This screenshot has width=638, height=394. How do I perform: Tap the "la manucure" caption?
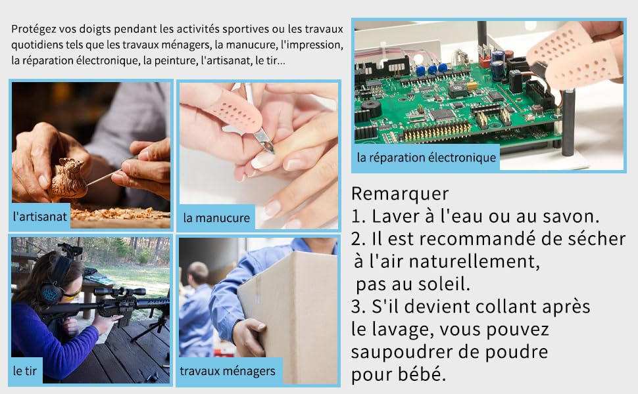(x=216, y=217)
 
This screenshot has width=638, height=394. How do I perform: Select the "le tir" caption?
(x=26, y=371)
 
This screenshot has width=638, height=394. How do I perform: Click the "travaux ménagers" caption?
(x=228, y=371)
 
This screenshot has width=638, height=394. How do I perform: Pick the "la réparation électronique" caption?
(x=426, y=158)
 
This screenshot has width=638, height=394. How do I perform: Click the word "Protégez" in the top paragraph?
(x=33, y=30)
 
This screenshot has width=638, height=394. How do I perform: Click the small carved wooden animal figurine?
(x=68, y=177)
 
